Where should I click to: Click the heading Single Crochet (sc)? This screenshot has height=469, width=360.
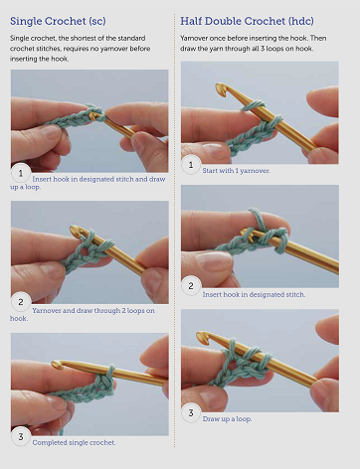coord(58,21)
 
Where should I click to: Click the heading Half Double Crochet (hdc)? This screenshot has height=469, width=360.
coord(247,21)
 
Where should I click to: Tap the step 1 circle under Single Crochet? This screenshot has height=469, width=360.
coord(21,173)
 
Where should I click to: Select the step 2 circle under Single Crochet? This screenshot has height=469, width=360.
coord(21,302)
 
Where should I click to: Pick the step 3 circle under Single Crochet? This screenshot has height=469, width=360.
coord(21,436)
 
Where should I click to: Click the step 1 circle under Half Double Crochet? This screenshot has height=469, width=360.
coord(191,165)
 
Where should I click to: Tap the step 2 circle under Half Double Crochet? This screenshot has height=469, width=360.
coord(191,285)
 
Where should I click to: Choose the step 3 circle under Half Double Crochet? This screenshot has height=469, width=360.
coord(191,412)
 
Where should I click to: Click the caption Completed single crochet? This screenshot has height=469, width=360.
coord(74,442)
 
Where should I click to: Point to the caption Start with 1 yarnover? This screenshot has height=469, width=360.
coord(237,171)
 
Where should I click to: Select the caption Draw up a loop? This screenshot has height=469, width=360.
coord(227,419)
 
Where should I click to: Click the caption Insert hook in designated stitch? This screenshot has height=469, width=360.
coord(254,294)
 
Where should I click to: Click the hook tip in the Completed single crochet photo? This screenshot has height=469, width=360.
coord(57,365)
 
